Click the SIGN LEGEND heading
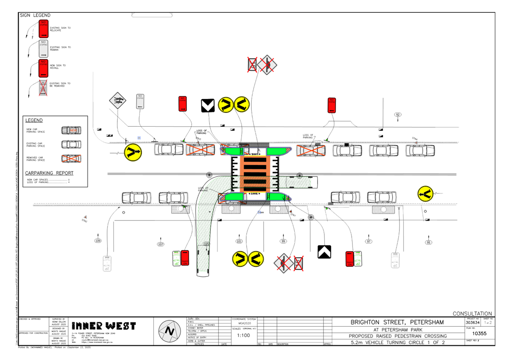[35, 15]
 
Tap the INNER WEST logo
[104, 326]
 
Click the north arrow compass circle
[169, 331]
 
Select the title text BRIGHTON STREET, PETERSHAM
[397, 322]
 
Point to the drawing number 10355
[479, 334]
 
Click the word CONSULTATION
[472, 314]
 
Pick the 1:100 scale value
[243, 335]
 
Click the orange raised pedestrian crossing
[254, 173]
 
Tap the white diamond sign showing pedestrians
[117, 101]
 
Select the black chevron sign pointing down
[208, 105]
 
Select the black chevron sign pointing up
[324, 252]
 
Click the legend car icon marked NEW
[71, 130]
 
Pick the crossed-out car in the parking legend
[71, 158]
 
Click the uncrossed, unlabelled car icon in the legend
[71, 144]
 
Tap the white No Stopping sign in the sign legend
[44, 49]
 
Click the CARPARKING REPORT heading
[49, 173]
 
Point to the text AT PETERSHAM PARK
[397, 329]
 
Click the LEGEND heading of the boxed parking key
[34, 120]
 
